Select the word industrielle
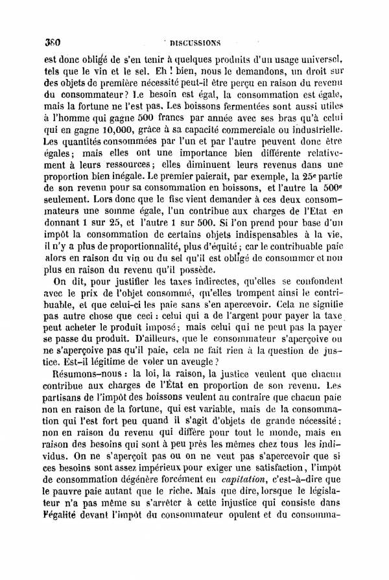pos(336,130)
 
